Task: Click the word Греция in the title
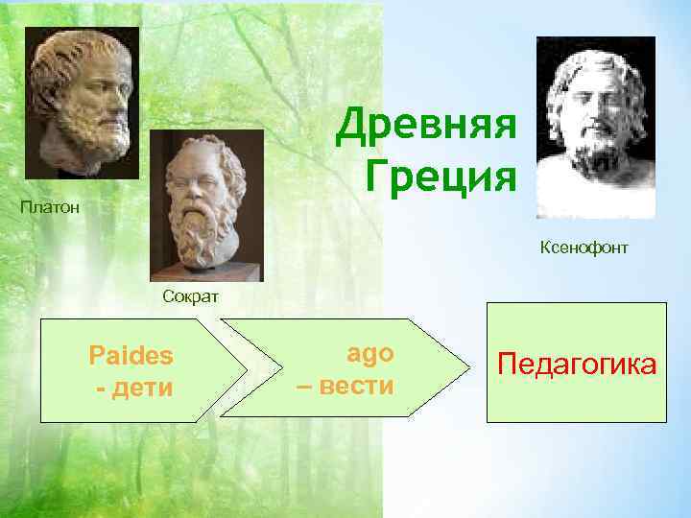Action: (x=442, y=176)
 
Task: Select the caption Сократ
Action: (x=190, y=296)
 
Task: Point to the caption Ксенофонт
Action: (x=584, y=248)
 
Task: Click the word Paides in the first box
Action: (x=131, y=355)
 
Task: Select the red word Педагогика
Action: (x=577, y=365)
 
